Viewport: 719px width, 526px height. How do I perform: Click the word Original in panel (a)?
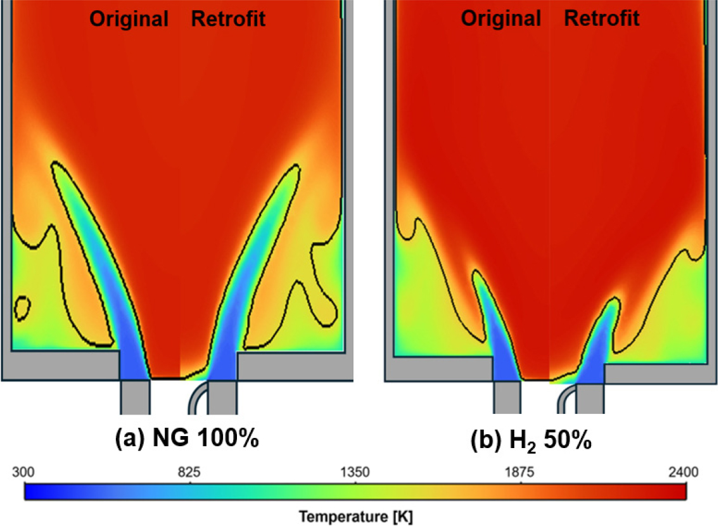coord(129,19)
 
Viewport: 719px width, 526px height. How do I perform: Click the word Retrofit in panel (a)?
coord(228,19)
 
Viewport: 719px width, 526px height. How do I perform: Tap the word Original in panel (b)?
coord(500,19)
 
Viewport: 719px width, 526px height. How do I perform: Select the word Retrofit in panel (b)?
coord(601,19)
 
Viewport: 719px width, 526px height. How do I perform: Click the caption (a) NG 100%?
coord(188,438)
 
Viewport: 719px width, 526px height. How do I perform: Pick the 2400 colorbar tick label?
coord(685,473)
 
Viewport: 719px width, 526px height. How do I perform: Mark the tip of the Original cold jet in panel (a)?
coord(57,166)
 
